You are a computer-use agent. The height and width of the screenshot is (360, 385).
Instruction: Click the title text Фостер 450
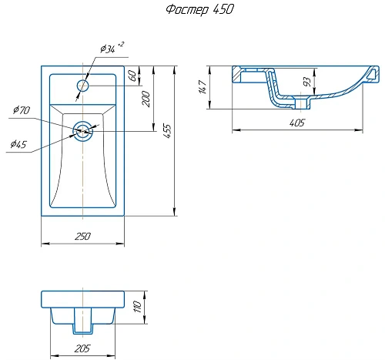[199, 10]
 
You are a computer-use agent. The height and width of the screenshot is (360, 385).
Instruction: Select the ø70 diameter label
[22, 110]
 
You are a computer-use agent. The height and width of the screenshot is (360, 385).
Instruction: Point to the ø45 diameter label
[18, 144]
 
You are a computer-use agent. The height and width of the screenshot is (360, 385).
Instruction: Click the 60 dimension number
[133, 76]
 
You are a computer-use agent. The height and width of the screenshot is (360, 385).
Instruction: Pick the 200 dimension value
[146, 99]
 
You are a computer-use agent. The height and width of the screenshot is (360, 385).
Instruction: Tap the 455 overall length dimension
[167, 131]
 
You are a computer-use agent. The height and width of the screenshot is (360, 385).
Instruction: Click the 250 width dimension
[82, 236]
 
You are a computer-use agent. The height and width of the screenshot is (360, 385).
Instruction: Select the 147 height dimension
[203, 87]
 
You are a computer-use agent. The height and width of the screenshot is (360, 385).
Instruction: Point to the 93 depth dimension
[307, 82]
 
